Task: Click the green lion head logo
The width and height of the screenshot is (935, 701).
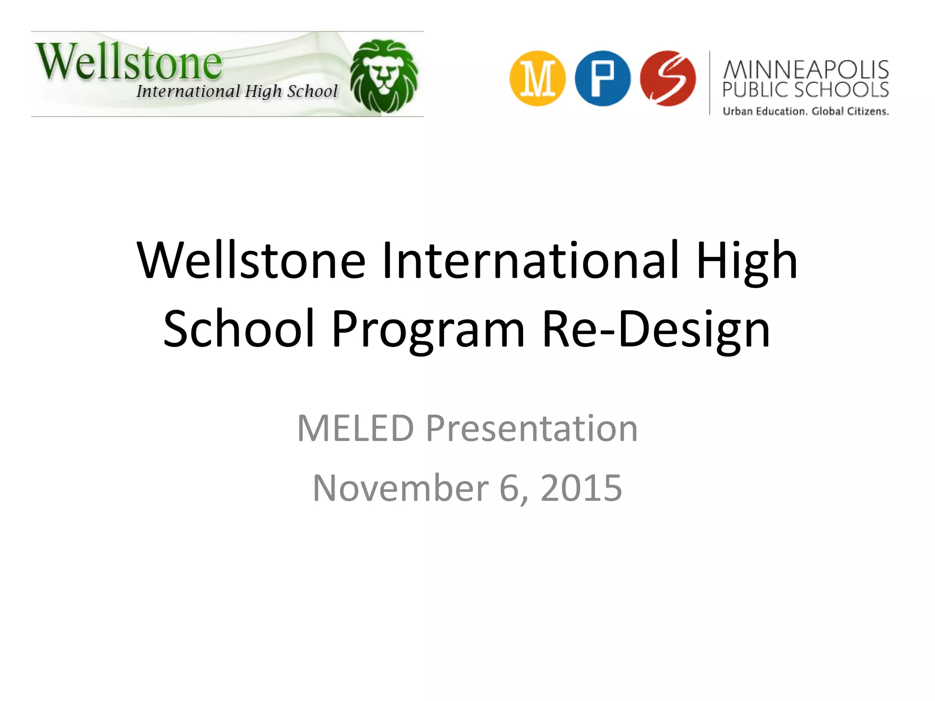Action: pyautogui.click(x=384, y=76)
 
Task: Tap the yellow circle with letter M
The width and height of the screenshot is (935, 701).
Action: pyautogui.click(x=537, y=78)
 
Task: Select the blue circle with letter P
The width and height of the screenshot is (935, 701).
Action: pyautogui.click(x=603, y=78)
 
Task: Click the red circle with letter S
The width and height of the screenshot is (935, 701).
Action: pyautogui.click(x=668, y=78)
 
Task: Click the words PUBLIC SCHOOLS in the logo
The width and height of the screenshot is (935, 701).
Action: pyautogui.click(x=806, y=90)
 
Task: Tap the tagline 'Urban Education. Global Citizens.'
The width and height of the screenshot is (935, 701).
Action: pyautogui.click(x=806, y=111)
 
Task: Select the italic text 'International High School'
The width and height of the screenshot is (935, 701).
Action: pyautogui.click(x=237, y=91)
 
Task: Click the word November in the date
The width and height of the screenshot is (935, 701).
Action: pyautogui.click(x=400, y=488)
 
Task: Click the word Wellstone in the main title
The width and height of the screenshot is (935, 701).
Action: pyautogui.click(x=251, y=260)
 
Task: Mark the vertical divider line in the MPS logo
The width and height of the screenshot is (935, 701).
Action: pyautogui.click(x=710, y=83)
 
